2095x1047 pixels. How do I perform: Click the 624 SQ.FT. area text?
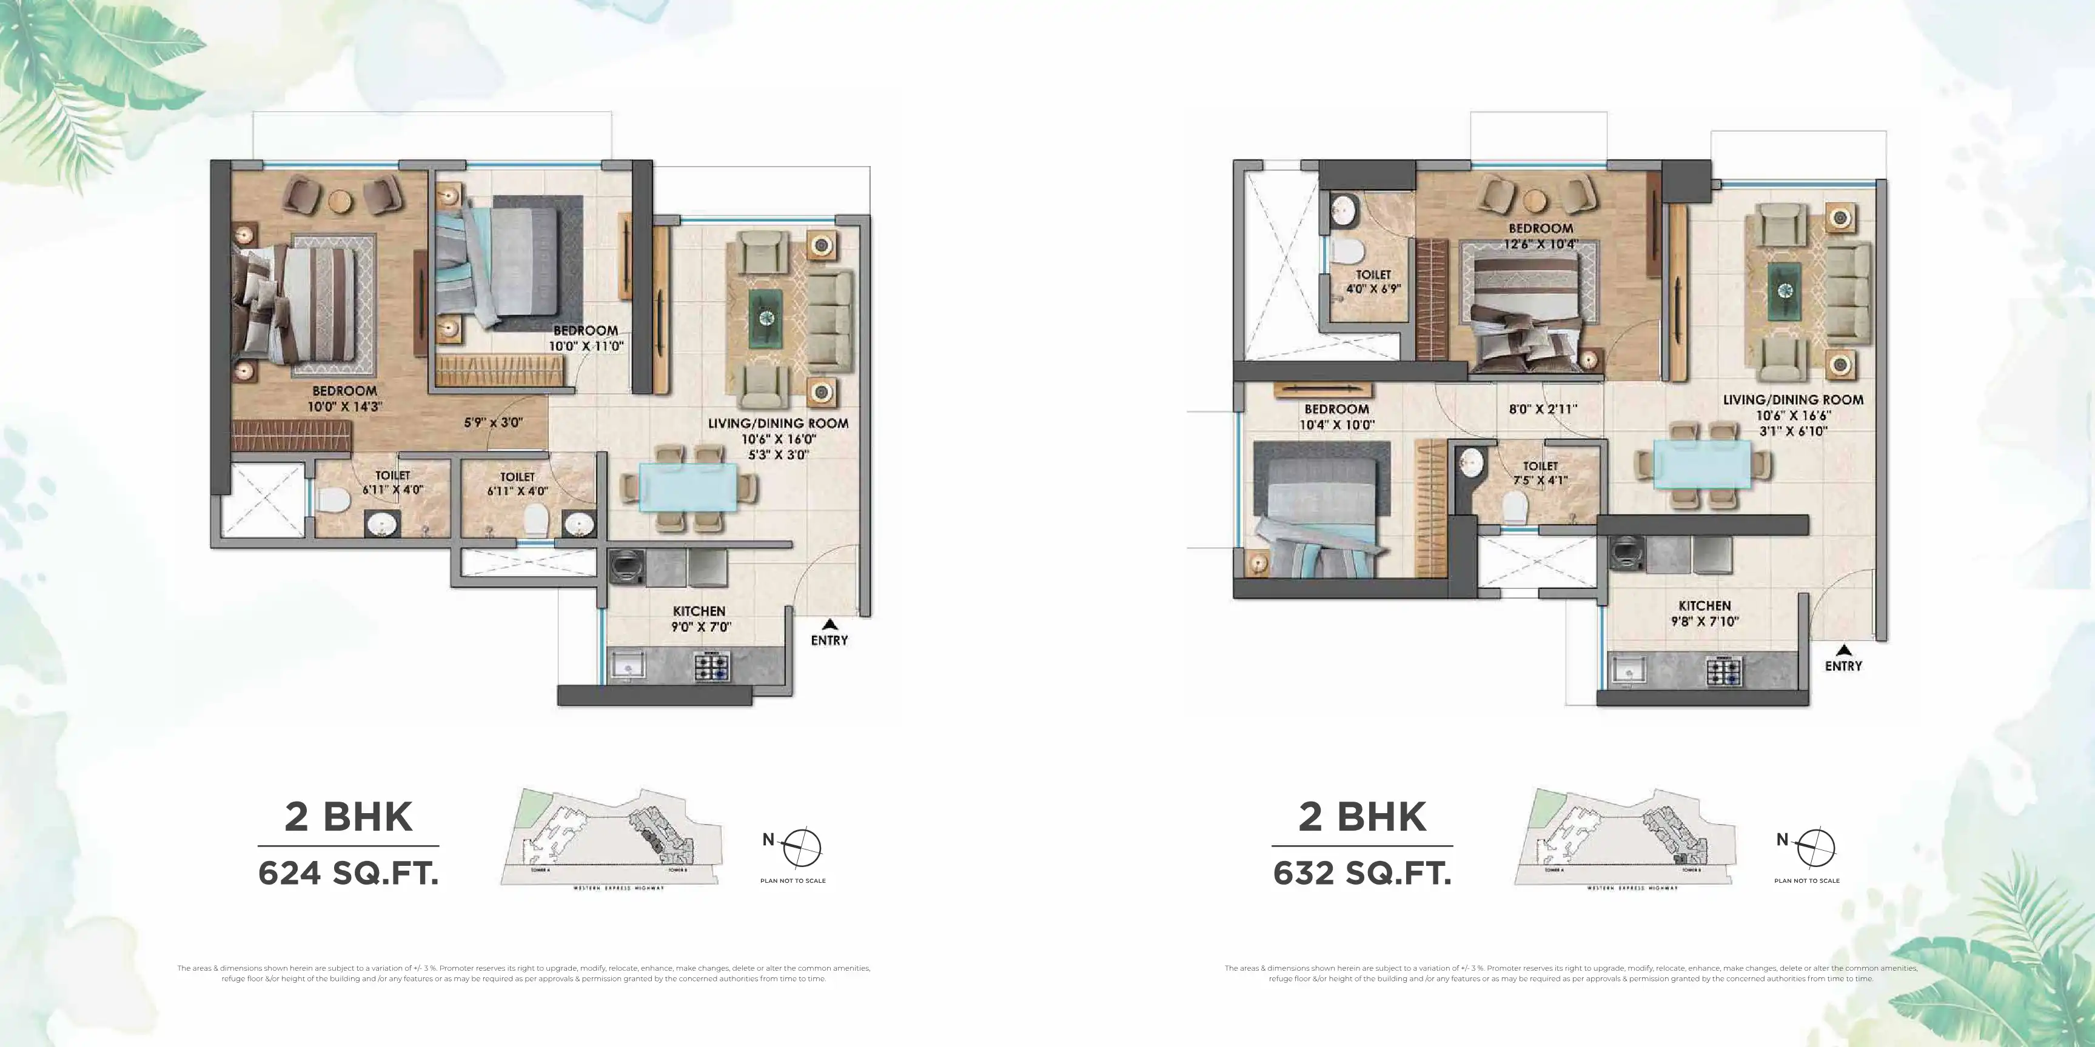click(x=348, y=874)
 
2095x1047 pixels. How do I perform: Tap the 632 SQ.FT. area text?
click(x=1363, y=874)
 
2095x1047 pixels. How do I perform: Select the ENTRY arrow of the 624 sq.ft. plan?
click(x=830, y=624)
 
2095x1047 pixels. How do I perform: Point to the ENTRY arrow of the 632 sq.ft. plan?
click(x=1845, y=650)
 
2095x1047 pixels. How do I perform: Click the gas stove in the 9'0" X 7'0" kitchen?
click(x=712, y=666)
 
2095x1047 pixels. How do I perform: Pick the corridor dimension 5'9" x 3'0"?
click(x=494, y=423)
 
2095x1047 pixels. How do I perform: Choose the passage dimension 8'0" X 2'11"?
click(x=1543, y=409)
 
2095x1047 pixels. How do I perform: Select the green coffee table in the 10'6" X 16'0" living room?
click(x=766, y=318)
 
